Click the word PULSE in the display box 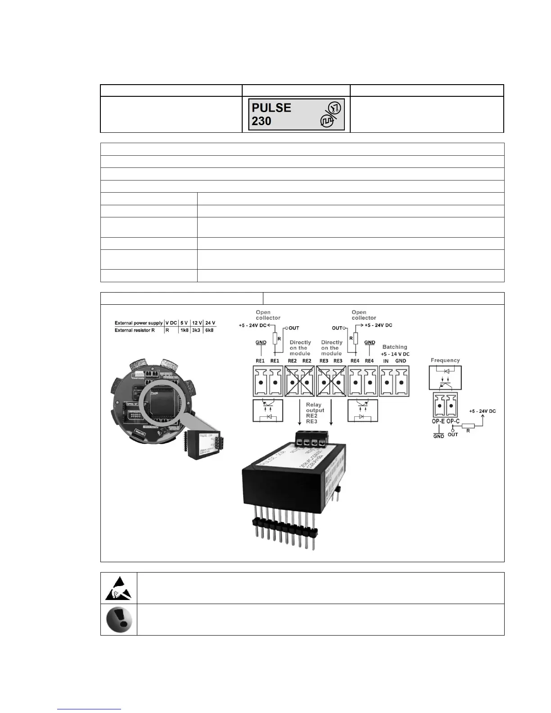[271, 108]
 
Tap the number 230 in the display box [261, 121]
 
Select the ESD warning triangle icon [118, 588]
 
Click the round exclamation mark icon [118, 619]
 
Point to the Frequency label [445, 360]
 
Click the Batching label [394, 347]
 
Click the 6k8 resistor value [210, 330]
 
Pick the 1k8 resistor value [184, 330]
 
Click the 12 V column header [197, 323]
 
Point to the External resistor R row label [135, 330]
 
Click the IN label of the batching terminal [386, 361]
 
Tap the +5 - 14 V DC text [395, 354]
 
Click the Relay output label [315, 407]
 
